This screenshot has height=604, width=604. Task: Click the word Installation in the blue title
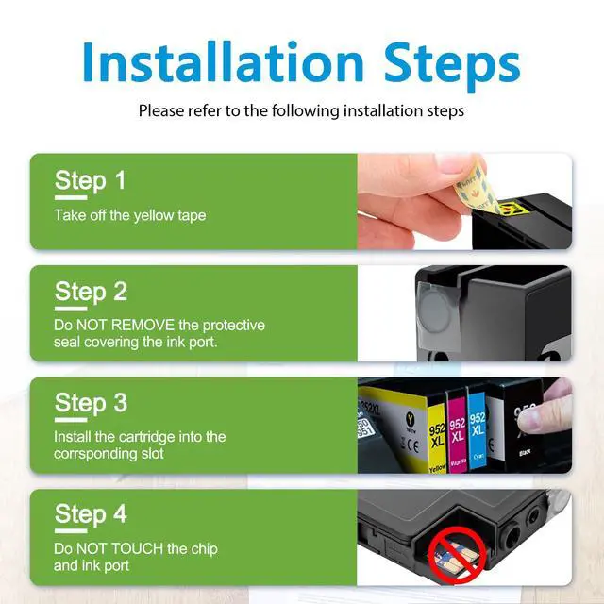point(223,61)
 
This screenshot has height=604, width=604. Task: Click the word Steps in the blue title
point(452,66)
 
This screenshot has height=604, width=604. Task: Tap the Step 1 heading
point(91,180)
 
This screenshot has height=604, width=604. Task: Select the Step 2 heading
point(91,292)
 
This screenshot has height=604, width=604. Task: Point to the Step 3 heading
point(91,403)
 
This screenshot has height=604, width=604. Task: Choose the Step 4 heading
point(91,514)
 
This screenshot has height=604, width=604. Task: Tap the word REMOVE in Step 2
point(143,325)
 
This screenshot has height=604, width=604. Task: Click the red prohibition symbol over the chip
point(457,555)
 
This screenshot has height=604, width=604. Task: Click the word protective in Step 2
point(233,326)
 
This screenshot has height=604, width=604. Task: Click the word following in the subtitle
point(306,111)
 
